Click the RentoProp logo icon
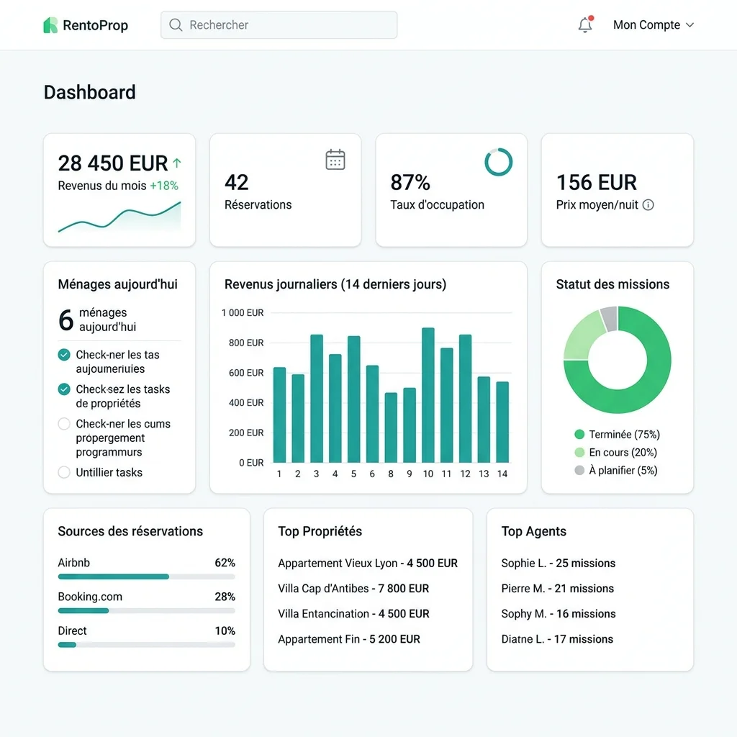[x=50, y=25]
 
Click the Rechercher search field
[x=279, y=25]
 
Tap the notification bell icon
[x=585, y=25]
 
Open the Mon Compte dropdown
[x=653, y=25]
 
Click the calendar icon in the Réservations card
[x=335, y=160]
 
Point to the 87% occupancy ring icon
[x=499, y=162]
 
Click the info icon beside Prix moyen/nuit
[x=648, y=205]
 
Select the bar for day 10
[x=428, y=395]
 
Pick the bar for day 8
[x=391, y=428]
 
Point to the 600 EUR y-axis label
[x=246, y=373]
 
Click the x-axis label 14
[x=502, y=474]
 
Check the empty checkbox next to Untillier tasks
[x=64, y=473]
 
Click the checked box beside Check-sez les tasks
[x=64, y=389]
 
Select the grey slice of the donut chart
[x=609, y=318]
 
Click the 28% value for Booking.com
[x=225, y=597]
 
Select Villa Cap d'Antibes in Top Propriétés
[x=353, y=589]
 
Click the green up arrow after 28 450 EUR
[x=177, y=163]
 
